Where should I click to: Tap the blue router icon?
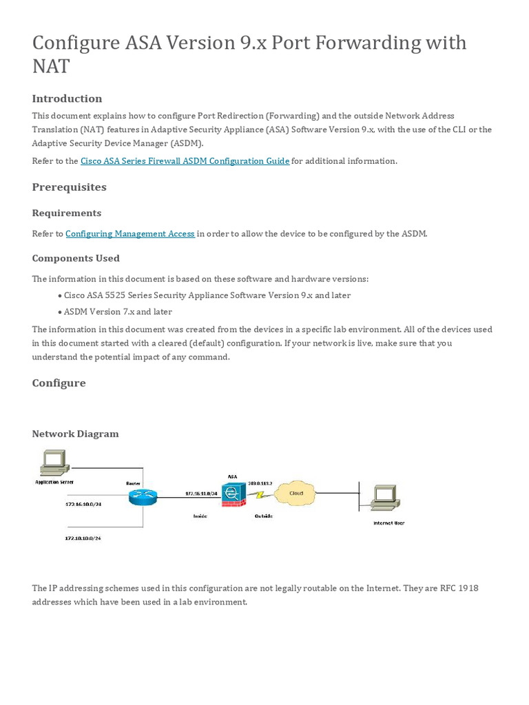pos(143,496)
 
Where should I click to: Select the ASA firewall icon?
pos(233,494)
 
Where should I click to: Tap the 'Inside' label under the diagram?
pos(200,516)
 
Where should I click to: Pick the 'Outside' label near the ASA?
pos(263,516)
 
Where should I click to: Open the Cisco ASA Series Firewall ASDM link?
pos(185,161)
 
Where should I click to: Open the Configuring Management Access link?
pos(130,234)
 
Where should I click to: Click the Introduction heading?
pos(67,98)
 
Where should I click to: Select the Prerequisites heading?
pos(69,187)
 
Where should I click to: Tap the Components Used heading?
pos(76,258)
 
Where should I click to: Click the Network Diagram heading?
pos(75,434)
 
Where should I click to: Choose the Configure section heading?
pos(59,383)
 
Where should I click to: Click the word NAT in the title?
pos(50,66)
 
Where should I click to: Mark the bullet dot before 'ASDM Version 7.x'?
pos(60,312)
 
